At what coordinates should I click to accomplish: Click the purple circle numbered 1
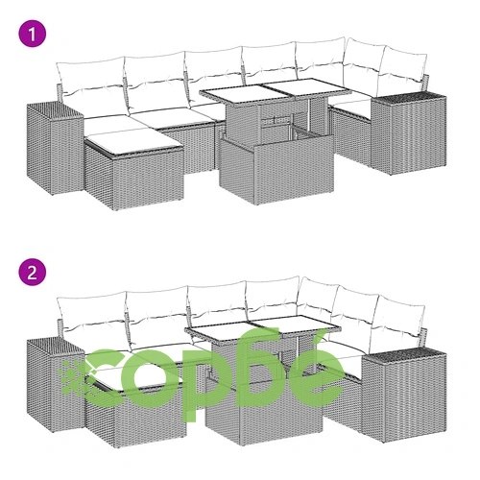click(x=33, y=34)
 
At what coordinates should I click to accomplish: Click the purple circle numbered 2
click(x=33, y=273)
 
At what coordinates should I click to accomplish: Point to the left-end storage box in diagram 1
click(x=55, y=148)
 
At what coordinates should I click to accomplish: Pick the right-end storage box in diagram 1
click(x=408, y=132)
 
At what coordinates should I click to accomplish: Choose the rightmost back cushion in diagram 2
click(x=400, y=317)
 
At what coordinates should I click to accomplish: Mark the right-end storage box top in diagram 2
click(x=405, y=354)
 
